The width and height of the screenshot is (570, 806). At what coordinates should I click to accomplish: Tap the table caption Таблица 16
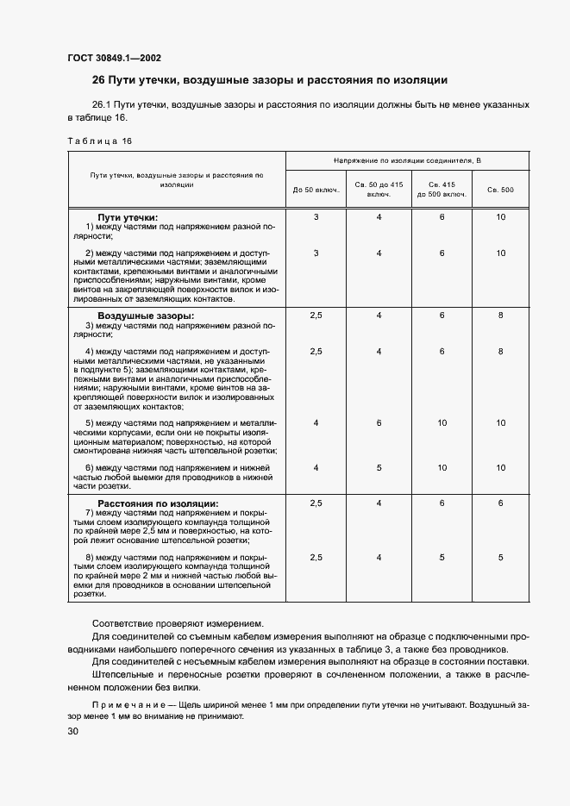pyautogui.click(x=99, y=140)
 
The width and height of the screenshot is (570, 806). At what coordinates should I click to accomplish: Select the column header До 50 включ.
pyautogui.click(x=316, y=189)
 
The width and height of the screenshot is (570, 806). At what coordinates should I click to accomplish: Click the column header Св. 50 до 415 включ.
pyautogui.click(x=379, y=189)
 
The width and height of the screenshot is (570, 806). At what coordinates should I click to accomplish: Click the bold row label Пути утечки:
pyautogui.click(x=128, y=217)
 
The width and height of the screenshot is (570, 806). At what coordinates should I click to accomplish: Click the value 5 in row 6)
pyautogui.click(x=379, y=467)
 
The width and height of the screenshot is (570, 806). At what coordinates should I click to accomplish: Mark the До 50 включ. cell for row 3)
pyautogui.click(x=316, y=316)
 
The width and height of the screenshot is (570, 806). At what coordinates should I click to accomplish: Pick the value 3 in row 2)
pyautogui.click(x=316, y=253)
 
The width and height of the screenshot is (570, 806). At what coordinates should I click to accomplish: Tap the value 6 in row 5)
pyautogui.click(x=379, y=422)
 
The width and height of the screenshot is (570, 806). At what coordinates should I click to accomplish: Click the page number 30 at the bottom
pyautogui.click(x=72, y=731)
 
